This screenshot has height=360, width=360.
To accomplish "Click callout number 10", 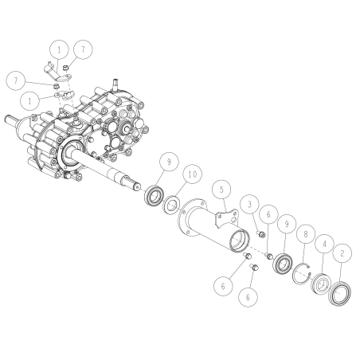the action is [193, 174].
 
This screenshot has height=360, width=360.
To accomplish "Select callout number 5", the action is [221, 190].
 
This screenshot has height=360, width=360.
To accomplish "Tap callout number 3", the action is [249, 205].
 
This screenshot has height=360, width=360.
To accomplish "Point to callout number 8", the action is [306, 234].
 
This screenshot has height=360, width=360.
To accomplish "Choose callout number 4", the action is [324, 244].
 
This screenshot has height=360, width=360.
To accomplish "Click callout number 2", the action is [342, 253].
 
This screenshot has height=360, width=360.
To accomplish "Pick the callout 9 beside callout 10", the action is [169, 162].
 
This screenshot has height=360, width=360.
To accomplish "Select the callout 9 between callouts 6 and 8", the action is [287, 224].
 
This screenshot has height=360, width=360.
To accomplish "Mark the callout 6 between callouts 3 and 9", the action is [268, 214].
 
